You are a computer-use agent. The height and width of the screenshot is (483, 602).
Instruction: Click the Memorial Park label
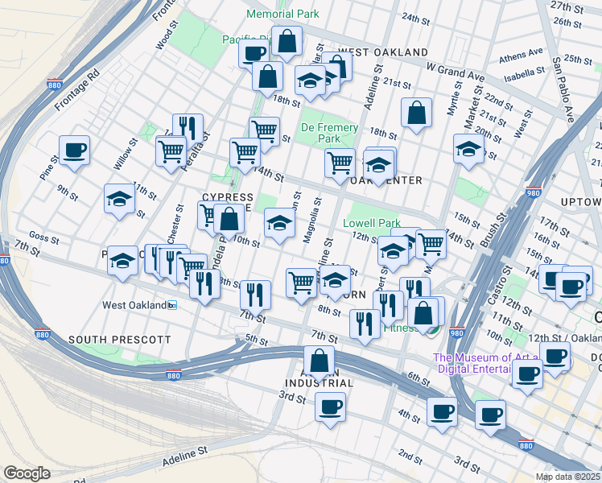coord(282,14)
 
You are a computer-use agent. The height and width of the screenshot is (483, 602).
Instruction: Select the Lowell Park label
coord(372,223)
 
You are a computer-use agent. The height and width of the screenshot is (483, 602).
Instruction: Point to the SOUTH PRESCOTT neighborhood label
coord(119,341)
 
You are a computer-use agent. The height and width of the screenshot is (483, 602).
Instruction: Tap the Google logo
coord(27,473)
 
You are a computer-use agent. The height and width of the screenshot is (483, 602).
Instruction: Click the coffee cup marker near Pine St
coord(74,151)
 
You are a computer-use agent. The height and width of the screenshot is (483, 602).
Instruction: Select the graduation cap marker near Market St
coord(468,149)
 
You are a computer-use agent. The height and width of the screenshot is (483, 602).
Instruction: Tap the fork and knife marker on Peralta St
coord(188,127)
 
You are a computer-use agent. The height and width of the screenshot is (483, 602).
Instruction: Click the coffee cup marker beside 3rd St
coord(330,407)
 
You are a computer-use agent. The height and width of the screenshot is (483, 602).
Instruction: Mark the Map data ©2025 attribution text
coord(568,477)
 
